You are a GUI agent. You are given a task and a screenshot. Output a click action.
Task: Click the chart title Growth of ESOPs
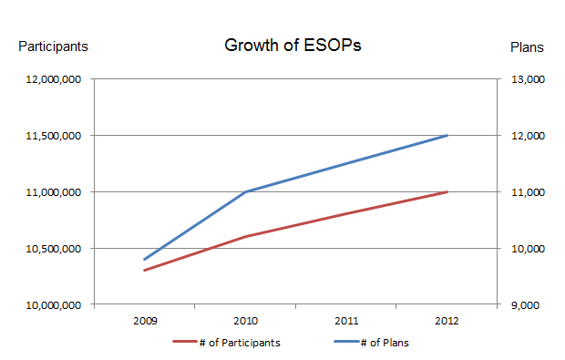coord(293,46)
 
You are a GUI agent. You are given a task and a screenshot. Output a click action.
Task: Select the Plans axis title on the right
coord(526,46)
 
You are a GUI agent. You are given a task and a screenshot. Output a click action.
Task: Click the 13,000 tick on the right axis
coord(529,80)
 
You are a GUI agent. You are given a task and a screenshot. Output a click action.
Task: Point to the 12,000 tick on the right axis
coord(529,136)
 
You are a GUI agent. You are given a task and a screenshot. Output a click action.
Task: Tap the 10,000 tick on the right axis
coord(529,249)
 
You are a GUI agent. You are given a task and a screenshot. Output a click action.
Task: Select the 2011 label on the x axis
coord(346,321)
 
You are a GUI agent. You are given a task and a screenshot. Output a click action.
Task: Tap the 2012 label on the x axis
coord(447,321)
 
